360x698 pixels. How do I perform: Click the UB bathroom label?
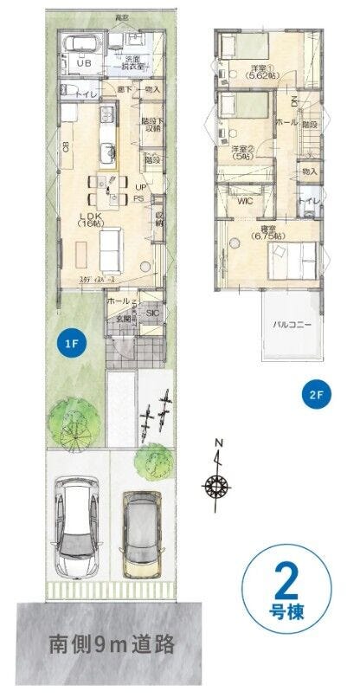coord(85,63)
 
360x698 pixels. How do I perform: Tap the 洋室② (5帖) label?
coord(241,153)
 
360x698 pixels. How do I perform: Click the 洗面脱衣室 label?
coord(128,63)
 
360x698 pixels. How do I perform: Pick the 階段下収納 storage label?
coord(152,126)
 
